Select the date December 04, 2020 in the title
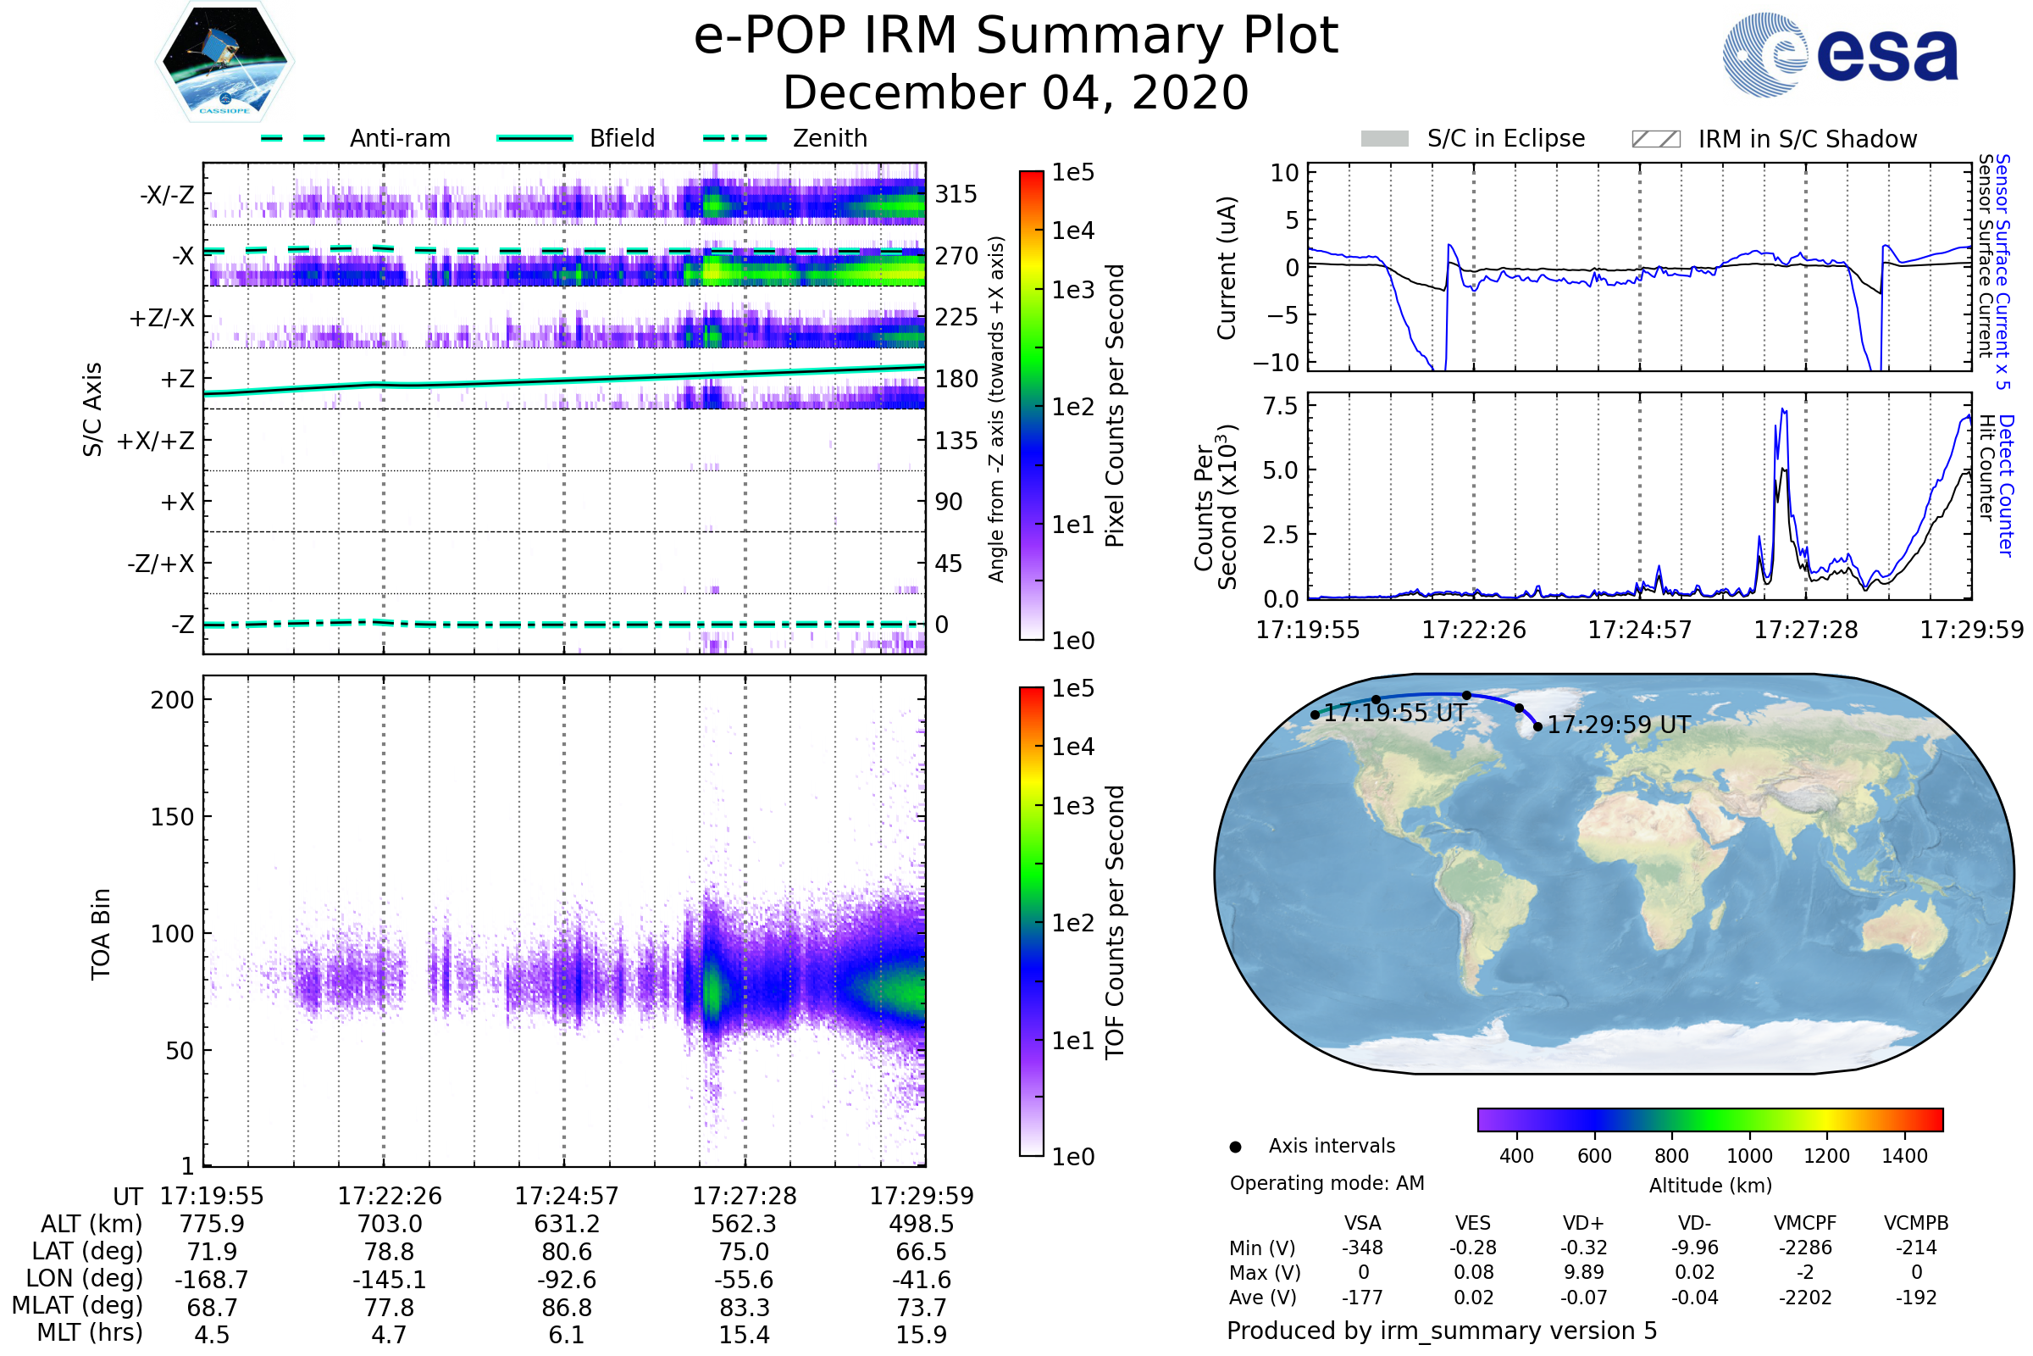point(1016,92)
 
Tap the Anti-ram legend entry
point(399,138)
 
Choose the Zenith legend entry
point(829,138)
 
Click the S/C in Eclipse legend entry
point(1505,138)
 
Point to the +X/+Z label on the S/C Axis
point(156,441)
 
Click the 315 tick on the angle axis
point(956,194)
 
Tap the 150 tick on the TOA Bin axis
point(172,817)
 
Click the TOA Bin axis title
point(101,933)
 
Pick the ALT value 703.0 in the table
point(389,1224)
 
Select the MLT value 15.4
point(744,1334)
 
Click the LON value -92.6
point(566,1279)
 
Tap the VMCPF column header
point(1804,1223)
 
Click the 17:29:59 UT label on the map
point(1618,725)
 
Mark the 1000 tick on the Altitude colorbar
point(1748,1156)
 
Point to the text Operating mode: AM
point(1326,1183)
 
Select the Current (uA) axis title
point(1227,268)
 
